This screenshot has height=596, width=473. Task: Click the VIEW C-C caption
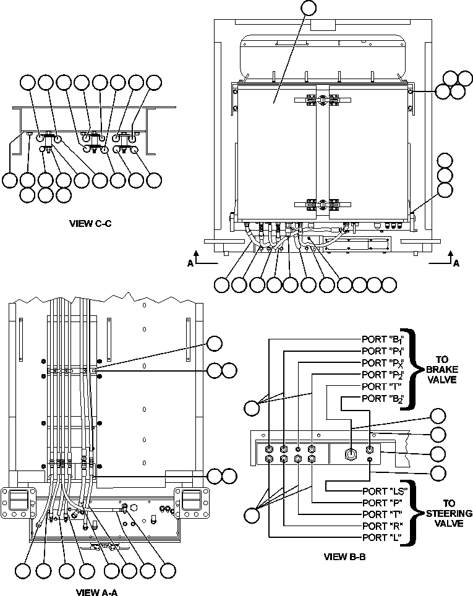[x=90, y=223]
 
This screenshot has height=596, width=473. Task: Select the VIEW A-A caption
[x=96, y=592]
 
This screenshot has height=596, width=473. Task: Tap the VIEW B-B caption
[x=344, y=556]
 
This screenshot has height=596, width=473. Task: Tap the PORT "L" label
[x=381, y=537]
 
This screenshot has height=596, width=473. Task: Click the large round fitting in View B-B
[x=349, y=453]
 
